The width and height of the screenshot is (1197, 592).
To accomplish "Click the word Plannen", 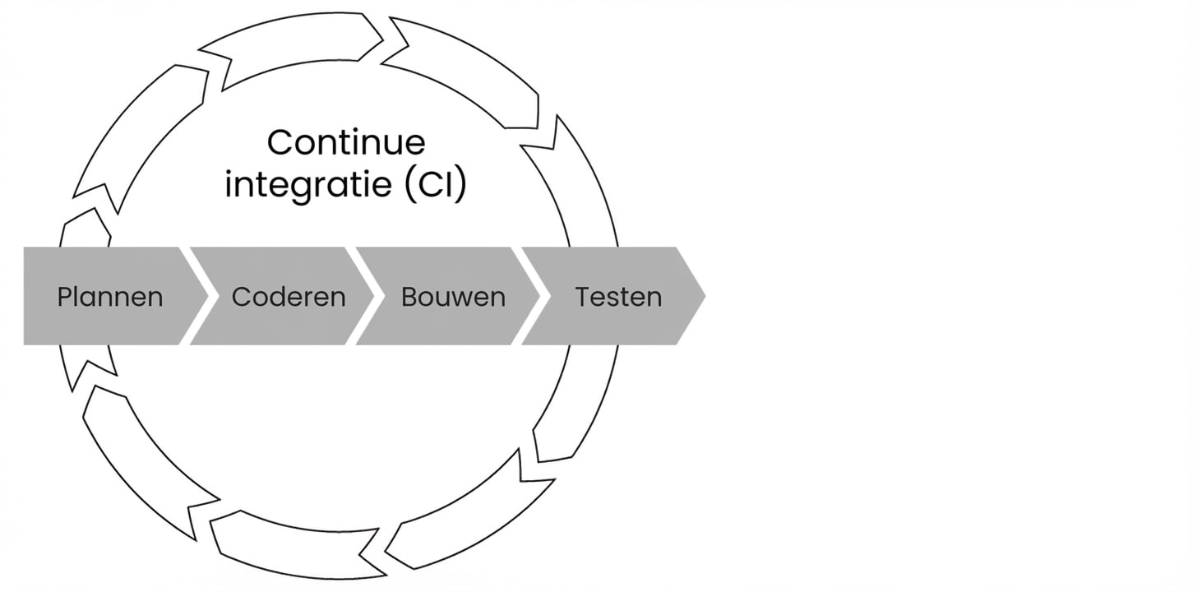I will [x=109, y=297].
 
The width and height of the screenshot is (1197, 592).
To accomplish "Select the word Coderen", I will [x=289, y=297].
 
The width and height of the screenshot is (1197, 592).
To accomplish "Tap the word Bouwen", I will [x=453, y=297].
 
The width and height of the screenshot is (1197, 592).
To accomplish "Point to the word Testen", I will [x=618, y=297].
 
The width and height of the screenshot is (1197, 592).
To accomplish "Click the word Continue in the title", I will [x=346, y=142].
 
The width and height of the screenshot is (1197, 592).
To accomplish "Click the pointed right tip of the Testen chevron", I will [x=701, y=296].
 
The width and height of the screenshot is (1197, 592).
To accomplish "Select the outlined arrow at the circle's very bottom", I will [x=296, y=547].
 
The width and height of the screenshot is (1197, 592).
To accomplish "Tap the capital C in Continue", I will [x=280, y=142].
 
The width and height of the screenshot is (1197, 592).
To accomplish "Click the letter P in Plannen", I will [x=64, y=297].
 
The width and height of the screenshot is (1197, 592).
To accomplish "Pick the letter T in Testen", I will [x=582, y=297].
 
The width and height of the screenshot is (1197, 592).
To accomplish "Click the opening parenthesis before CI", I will [x=410, y=185].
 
